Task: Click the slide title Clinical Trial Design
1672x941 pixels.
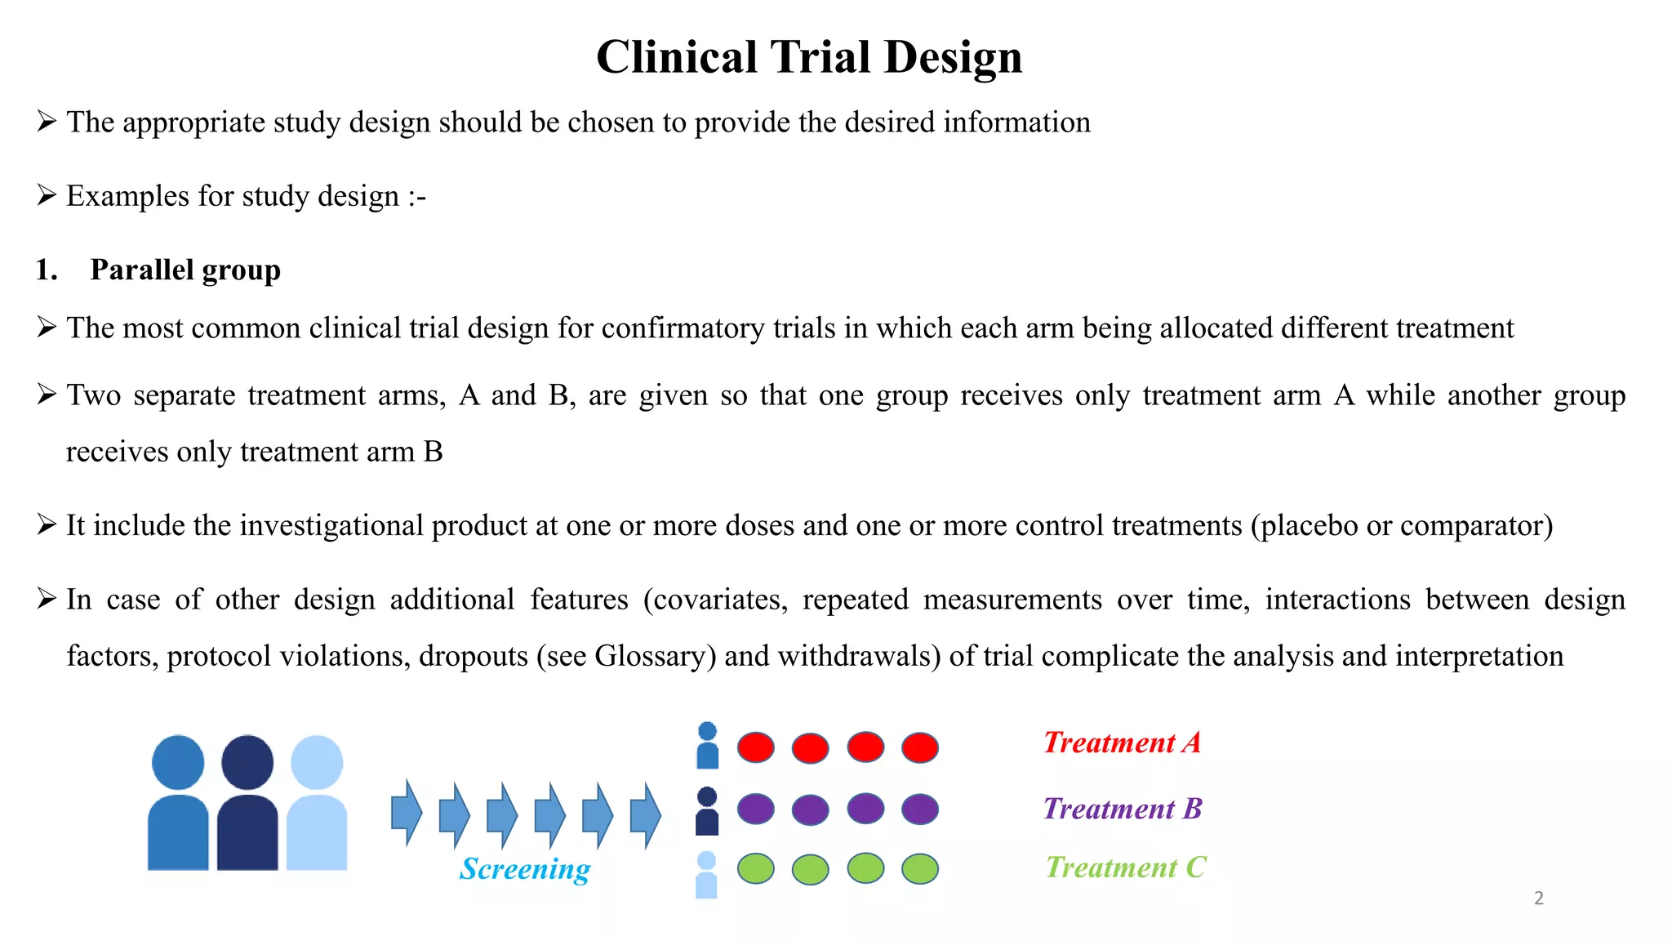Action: pyautogui.click(x=808, y=57)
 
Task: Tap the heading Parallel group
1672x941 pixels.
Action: pyautogui.click(x=185, y=270)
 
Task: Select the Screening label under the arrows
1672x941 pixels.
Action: pyautogui.click(x=525, y=869)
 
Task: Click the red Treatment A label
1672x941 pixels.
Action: pyautogui.click(x=1122, y=743)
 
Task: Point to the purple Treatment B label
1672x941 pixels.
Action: pyautogui.click(x=1122, y=809)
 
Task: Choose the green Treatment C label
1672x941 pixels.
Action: pyautogui.click(x=1125, y=867)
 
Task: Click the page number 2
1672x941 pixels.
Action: pyautogui.click(x=1538, y=899)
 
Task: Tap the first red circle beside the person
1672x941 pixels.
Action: pyautogui.click(x=755, y=747)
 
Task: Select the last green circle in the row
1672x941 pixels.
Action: pyautogui.click(x=920, y=868)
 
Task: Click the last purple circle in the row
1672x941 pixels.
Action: pyautogui.click(x=920, y=809)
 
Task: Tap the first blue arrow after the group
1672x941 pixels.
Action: pyautogui.click(x=406, y=814)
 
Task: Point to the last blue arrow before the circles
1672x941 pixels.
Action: pyautogui.click(x=646, y=814)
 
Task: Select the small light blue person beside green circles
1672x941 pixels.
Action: pyautogui.click(x=707, y=876)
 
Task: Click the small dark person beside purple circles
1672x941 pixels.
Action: pyautogui.click(x=707, y=811)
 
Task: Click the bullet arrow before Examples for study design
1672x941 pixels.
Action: pyautogui.click(x=47, y=195)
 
